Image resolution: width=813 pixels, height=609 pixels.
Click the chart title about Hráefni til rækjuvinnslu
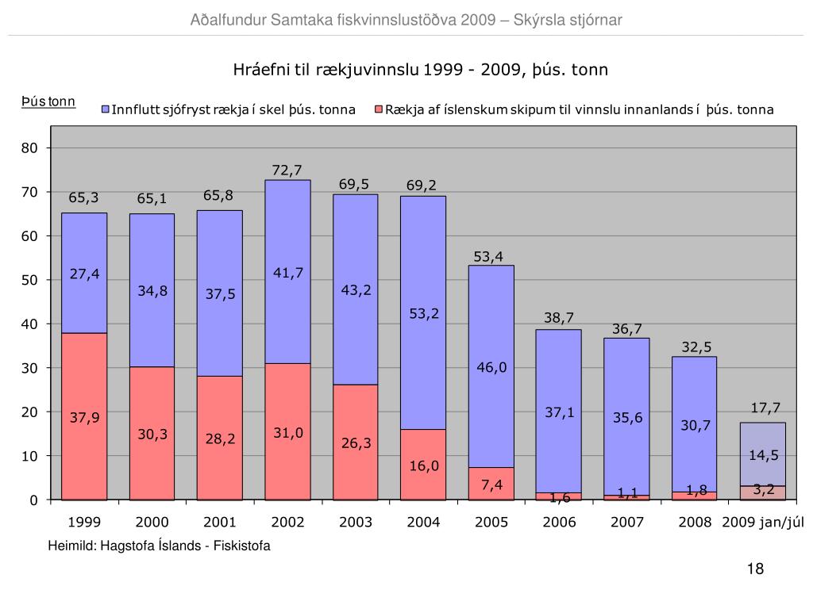[421, 70]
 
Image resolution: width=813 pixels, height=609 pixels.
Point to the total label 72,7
[287, 170]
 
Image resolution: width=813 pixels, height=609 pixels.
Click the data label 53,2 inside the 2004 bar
[424, 314]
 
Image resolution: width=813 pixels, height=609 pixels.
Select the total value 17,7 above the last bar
[765, 408]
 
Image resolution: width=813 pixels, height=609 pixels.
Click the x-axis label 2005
[491, 523]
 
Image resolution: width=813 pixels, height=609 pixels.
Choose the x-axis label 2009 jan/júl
[763, 523]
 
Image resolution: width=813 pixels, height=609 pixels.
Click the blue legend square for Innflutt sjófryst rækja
[106, 109]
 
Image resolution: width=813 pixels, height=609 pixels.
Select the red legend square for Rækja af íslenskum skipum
[379, 109]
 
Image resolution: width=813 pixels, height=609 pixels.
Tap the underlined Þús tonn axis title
[48, 101]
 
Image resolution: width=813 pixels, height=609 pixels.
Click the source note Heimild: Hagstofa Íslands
[159, 546]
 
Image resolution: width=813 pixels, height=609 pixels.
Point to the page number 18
[755, 569]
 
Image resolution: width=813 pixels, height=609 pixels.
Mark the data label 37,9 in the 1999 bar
[84, 418]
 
